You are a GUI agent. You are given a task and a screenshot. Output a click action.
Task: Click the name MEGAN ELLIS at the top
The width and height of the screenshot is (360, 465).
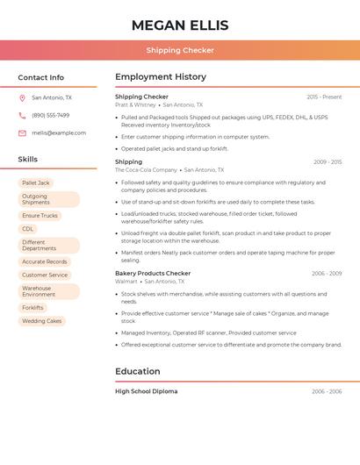[x=180, y=25]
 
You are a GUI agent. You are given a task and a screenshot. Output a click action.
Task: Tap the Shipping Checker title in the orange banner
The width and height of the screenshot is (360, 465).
[x=180, y=50]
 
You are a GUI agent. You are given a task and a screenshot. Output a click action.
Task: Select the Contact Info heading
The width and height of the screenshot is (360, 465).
[x=41, y=77]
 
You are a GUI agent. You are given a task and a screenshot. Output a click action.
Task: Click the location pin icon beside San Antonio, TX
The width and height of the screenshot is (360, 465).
[x=22, y=98]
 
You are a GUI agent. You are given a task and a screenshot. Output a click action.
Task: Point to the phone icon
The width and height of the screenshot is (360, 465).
[x=22, y=116]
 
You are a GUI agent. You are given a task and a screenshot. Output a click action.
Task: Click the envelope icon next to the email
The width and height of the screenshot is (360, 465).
[x=22, y=133]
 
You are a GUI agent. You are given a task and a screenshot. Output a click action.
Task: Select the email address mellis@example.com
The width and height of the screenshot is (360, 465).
[x=59, y=133]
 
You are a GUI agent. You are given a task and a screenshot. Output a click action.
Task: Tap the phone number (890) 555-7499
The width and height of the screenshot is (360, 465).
[x=50, y=116]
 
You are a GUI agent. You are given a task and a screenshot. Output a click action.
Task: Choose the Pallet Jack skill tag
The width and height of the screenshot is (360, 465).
[x=36, y=182]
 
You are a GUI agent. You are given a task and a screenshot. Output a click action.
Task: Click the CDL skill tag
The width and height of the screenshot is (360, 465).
[x=28, y=229]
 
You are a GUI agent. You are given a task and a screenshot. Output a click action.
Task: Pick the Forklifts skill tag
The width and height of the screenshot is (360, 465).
[x=33, y=308]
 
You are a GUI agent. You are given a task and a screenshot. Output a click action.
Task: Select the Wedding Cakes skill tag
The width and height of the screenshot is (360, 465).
[x=42, y=321]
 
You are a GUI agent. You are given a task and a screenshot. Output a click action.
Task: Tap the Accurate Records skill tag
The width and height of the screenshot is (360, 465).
[x=45, y=261]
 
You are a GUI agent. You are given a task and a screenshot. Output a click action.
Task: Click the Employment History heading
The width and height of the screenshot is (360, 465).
[x=161, y=77]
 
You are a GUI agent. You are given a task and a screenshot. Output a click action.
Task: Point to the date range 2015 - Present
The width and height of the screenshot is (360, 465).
[x=324, y=97]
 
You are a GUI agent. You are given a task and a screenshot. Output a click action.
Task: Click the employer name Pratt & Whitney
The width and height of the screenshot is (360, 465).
[x=135, y=104]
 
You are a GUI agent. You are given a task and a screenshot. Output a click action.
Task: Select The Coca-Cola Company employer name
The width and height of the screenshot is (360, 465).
[x=146, y=170]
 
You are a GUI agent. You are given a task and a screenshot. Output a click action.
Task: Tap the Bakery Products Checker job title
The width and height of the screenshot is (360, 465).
[x=153, y=274]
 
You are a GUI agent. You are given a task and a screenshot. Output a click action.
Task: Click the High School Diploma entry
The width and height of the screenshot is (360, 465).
[x=146, y=391]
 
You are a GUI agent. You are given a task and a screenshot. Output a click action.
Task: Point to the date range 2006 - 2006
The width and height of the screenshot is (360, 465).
[x=327, y=391]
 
